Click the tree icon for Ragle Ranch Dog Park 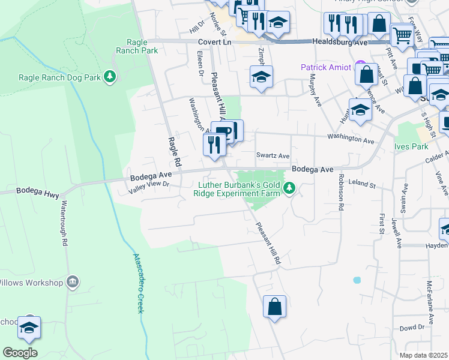(x=109, y=76)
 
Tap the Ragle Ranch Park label (x=142, y=46)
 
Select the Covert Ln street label (x=214, y=43)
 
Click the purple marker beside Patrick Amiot (x=360, y=64)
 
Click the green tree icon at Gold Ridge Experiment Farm (x=290, y=189)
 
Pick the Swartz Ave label (x=273, y=155)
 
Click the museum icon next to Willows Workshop (x=73, y=282)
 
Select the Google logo (x=20, y=353)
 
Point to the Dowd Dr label (x=412, y=328)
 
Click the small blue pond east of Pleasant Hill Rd (x=358, y=280)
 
